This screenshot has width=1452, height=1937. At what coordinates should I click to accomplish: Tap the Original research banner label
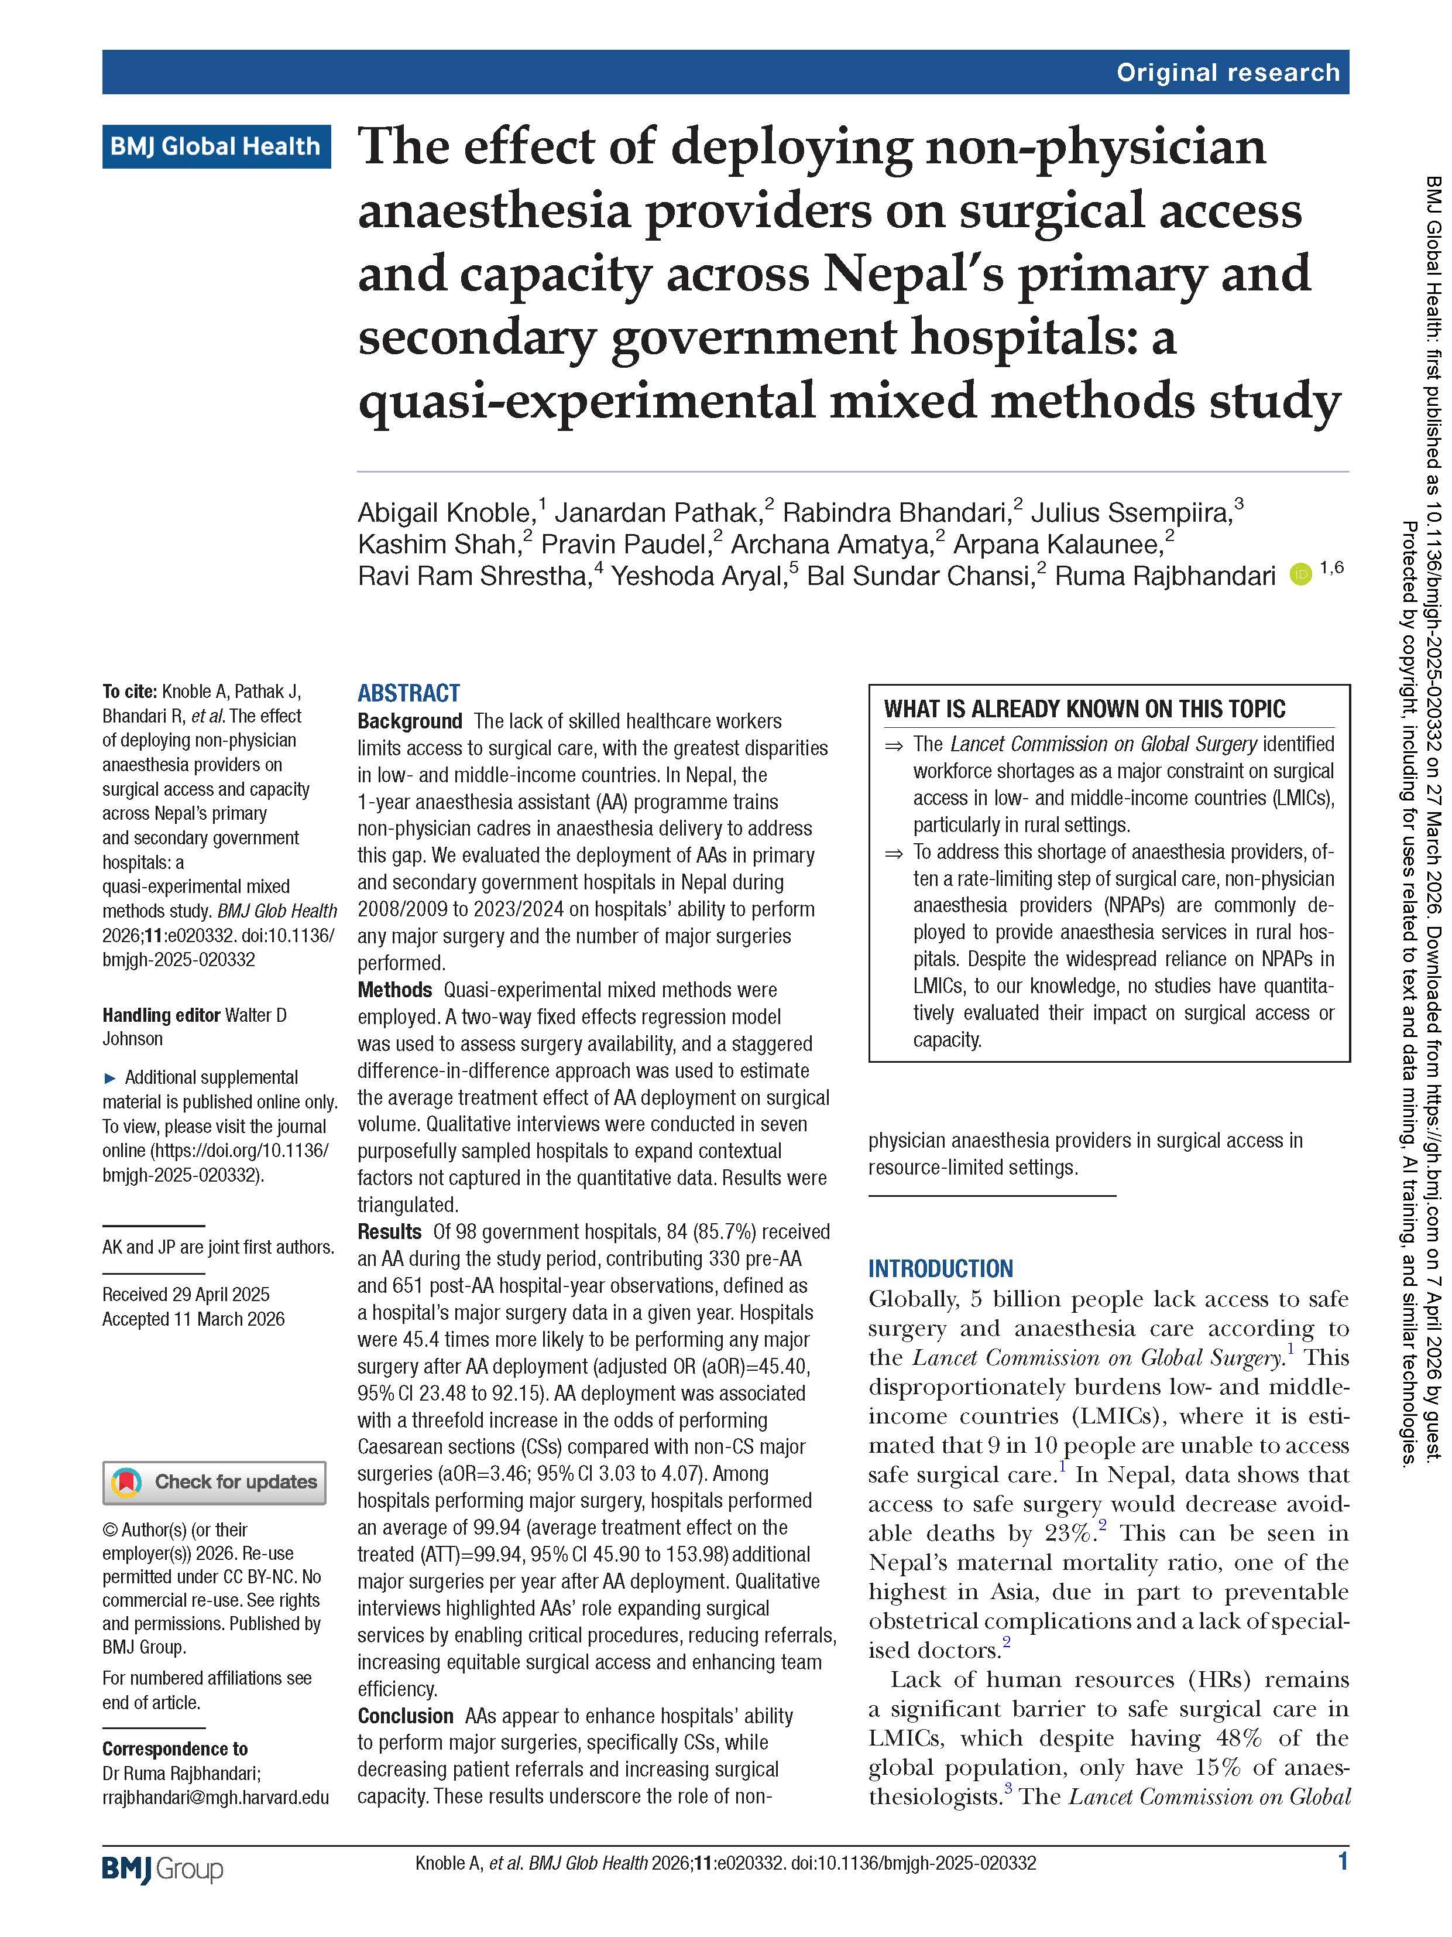(x=1227, y=73)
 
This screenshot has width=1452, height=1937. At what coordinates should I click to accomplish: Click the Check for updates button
(x=214, y=1483)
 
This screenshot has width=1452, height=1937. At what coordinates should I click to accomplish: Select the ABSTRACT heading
(x=408, y=693)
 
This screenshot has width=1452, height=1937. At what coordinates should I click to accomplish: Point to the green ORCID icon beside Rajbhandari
(x=1300, y=576)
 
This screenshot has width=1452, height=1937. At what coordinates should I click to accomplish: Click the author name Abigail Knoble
(x=445, y=512)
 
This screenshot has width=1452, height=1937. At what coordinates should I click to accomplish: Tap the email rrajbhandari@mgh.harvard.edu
(x=215, y=1797)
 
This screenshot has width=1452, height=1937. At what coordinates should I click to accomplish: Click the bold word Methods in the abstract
(x=394, y=990)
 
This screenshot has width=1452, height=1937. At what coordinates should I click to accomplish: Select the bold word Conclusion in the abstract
(x=405, y=1716)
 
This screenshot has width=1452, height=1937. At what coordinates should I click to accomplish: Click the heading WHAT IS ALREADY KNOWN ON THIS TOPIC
(x=1084, y=709)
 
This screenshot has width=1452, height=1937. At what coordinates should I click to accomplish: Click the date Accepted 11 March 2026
(x=194, y=1319)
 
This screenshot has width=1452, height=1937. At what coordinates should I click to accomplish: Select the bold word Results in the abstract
(x=389, y=1231)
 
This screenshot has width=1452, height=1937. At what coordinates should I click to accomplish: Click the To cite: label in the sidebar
(x=129, y=692)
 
